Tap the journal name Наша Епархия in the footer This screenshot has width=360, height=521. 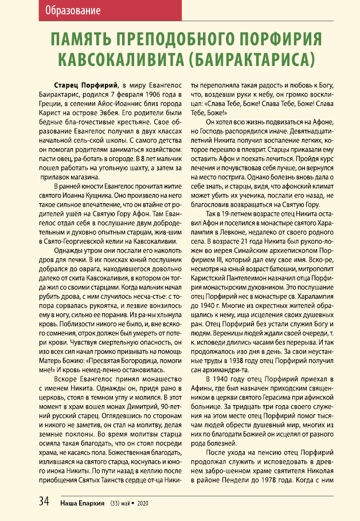click(x=84, y=503)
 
